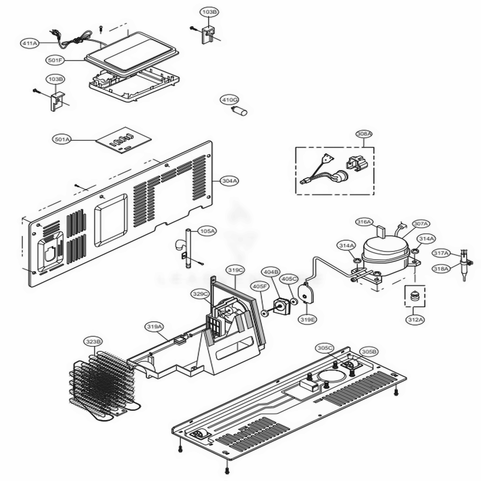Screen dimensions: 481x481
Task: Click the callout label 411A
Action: (29, 43)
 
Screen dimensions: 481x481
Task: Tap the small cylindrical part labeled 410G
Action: (240, 112)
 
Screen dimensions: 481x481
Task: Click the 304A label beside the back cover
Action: (229, 181)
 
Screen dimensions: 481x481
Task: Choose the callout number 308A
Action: (364, 133)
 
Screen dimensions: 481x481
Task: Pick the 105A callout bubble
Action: (208, 231)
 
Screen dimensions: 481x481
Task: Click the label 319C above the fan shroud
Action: (236, 270)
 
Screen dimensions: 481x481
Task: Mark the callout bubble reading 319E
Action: (307, 318)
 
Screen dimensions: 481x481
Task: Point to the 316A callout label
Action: (364, 222)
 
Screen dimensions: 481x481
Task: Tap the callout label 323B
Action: (93, 342)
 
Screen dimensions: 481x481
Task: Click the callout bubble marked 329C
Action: (200, 293)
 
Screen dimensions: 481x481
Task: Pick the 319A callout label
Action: (154, 327)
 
